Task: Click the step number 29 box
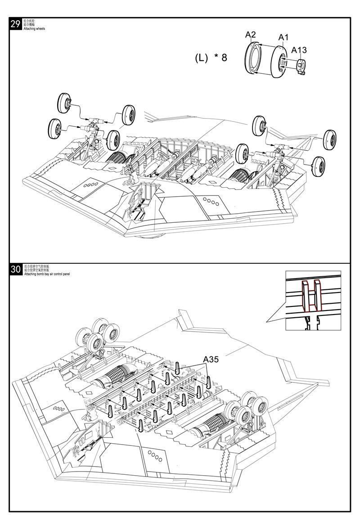(15, 24)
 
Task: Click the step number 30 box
(15, 270)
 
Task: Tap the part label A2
(250, 35)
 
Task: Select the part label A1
(283, 37)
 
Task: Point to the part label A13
(299, 50)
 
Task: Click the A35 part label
(211, 359)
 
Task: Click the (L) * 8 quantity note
(211, 58)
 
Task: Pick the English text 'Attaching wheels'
(34, 28)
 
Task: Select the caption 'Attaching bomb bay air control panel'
(47, 274)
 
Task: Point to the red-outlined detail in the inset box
(311, 296)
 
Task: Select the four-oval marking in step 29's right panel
(210, 201)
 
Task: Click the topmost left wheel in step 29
(65, 103)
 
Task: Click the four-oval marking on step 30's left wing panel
(58, 409)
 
